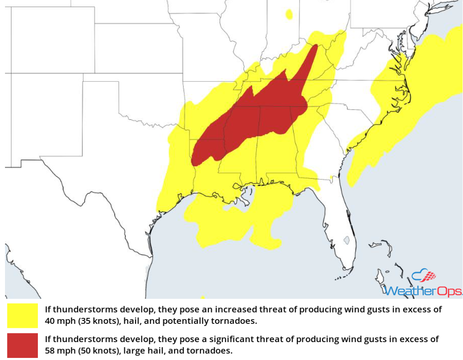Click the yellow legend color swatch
22,315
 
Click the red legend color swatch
22,345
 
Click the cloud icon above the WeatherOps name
423,276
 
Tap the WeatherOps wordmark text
423,290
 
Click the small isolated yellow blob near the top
289,15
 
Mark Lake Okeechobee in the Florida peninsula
347,240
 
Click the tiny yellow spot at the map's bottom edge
203,297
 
